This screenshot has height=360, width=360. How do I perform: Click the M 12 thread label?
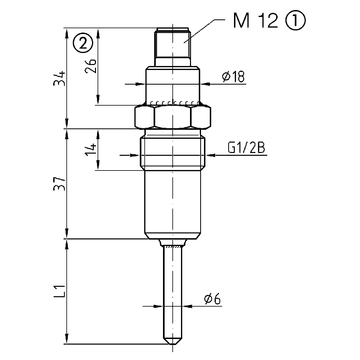255,21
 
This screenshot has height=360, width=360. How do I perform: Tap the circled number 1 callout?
295,21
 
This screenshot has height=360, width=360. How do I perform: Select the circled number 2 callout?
83,42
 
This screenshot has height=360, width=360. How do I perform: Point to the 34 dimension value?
59,78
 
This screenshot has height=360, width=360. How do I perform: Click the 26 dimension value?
90,66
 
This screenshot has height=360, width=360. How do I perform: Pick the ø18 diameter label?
233,77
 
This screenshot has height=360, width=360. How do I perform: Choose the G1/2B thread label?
247,148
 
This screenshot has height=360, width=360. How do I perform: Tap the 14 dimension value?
90,150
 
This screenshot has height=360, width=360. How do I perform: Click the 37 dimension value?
59,183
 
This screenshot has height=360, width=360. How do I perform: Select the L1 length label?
59,291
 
